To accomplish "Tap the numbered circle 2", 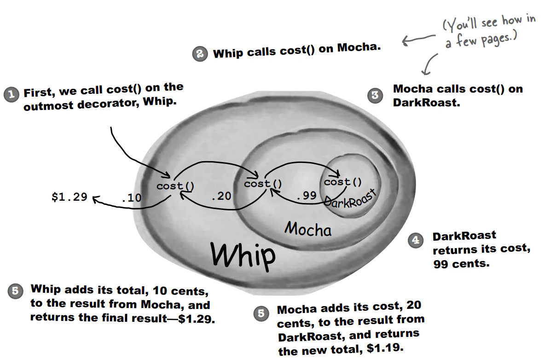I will coord(199,54).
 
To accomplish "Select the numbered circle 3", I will coord(375,95).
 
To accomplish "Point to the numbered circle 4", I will coord(415,240).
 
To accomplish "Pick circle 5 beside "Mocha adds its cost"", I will coord(261,314).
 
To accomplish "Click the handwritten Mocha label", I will coord(308,229).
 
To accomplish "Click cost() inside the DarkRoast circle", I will coord(343,182).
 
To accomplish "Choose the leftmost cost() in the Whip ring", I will coord(175,186).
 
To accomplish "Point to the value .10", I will coord(131,198).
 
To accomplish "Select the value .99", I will coord(307,195).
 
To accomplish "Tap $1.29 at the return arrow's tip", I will coord(70,197).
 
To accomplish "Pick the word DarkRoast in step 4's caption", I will coord(464,236).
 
